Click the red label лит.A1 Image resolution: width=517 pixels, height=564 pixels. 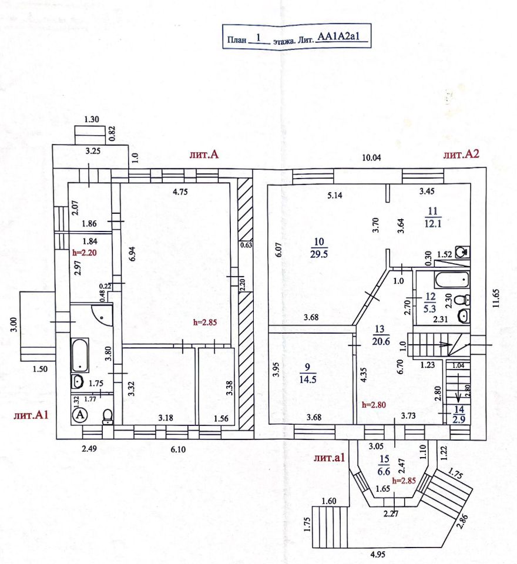31,415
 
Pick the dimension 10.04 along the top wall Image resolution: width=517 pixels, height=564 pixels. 371,157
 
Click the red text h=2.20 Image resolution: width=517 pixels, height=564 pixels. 83,253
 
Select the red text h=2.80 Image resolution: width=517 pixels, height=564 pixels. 374,404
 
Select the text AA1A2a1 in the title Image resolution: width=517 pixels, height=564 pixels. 342,38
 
